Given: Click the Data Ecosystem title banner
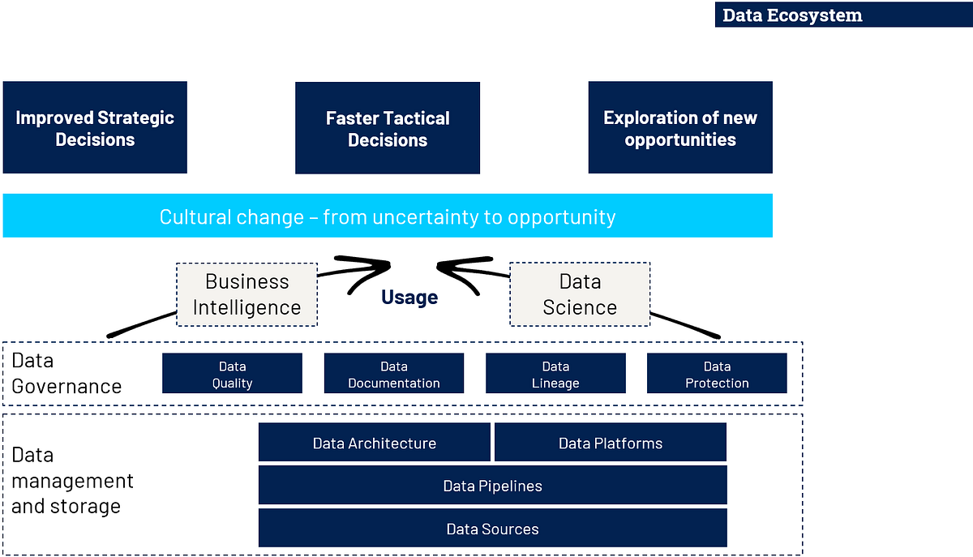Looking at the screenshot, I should coord(843,15).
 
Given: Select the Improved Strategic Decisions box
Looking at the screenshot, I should coord(95,127).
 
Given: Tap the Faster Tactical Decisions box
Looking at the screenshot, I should coord(388,128).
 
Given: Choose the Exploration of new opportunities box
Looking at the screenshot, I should coord(680,127).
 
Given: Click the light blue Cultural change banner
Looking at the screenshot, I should coord(388,216).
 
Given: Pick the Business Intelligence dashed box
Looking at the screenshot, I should coord(246,294).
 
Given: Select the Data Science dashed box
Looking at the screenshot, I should coord(580,294).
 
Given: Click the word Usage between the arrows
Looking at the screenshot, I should coord(409,298).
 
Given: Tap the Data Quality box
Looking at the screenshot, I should coord(232,374).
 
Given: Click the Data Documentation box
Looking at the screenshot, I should coord(394,374).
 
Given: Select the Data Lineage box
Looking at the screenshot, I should coord(555,374).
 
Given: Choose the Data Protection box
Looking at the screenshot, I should coord(717,374).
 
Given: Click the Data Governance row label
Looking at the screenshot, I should coord(66,373).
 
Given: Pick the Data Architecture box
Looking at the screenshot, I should coord(375,443).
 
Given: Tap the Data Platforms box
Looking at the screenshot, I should coord(611,443).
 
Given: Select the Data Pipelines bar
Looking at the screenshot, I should coord(492,485).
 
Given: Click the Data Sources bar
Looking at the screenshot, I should coord(492,528).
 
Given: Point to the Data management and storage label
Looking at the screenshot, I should coord(73,480).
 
